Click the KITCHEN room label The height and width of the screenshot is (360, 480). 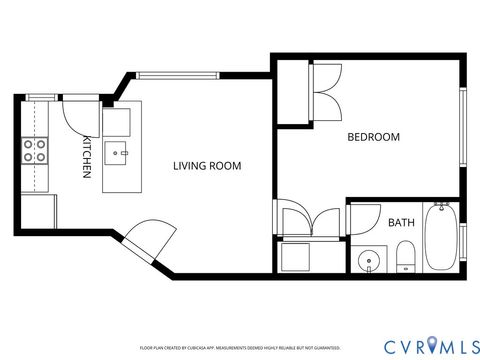pos(87,157)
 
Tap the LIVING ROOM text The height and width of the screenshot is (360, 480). pos(207,165)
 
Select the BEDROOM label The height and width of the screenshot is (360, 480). pos(373,137)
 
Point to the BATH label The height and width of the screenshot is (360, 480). pos(401,222)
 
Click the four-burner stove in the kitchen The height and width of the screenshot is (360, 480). pos(34,150)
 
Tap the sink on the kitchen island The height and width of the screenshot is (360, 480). pos(119,154)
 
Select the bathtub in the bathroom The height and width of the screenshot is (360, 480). pos(440,238)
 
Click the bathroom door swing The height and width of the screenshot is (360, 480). pos(359,218)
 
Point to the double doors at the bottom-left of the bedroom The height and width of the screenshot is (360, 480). pos(310,220)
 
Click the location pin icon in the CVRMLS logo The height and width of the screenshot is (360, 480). pos(431,345)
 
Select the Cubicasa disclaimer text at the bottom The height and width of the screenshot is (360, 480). pos(240,348)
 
